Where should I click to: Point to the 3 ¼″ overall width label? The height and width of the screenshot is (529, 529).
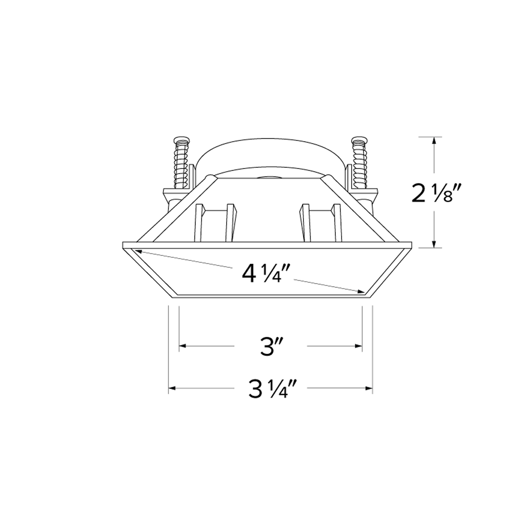[272, 388]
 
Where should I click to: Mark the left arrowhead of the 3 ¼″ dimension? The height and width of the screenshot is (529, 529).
[173, 388]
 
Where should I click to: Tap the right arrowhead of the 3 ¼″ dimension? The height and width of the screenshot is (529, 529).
[369, 388]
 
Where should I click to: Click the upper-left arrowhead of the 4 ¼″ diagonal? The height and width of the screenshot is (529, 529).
[138, 252]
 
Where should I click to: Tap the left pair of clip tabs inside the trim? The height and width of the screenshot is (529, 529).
[217, 222]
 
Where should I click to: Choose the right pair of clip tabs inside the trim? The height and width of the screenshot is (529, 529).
[321, 222]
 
